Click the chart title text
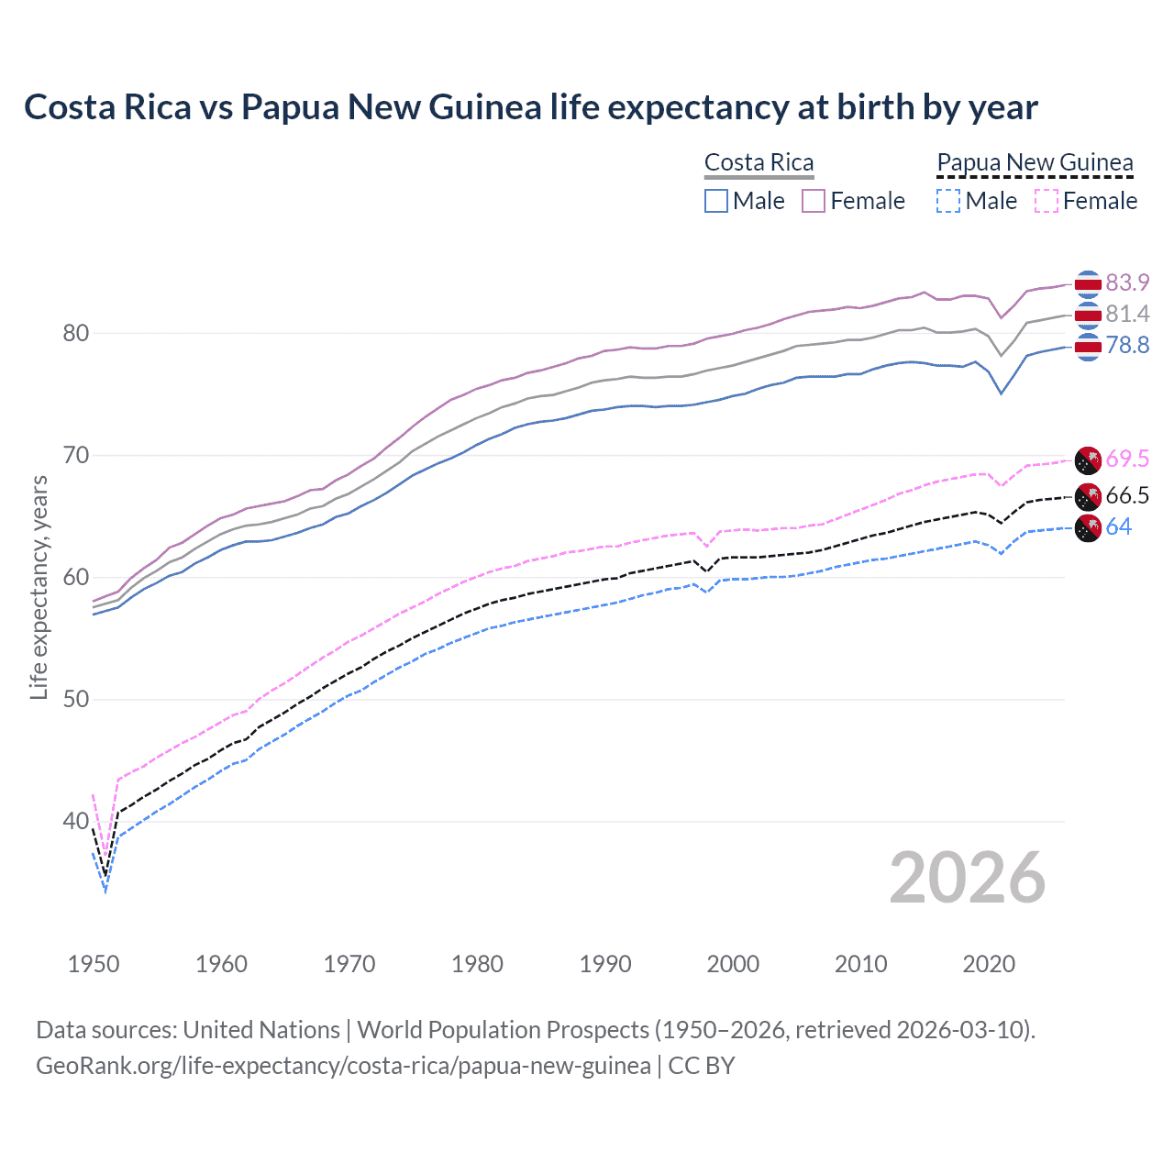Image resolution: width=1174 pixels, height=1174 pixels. (x=530, y=107)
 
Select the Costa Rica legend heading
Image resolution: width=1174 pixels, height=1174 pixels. (x=759, y=162)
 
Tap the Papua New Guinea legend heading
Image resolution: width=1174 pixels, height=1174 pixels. (x=1035, y=162)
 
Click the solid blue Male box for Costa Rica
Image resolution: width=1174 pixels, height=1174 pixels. (x=716, y=201)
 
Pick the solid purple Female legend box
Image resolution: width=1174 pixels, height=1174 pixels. (x=814, y=201)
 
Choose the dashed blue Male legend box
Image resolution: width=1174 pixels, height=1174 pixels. (x=948, y=201)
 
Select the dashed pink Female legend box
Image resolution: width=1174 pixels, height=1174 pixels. (x=1046, y=201)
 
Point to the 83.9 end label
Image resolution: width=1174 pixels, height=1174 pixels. (x=1127, y=282)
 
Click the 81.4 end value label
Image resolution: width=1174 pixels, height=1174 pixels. (x=1127, y=314)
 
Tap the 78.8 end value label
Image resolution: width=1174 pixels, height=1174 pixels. (x=1127, y=345)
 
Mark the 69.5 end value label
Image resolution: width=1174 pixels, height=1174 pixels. (x=1127, y=459)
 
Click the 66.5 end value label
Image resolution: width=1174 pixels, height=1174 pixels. (x=1127, y=495)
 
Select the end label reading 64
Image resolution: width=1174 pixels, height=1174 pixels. (x=1118, y=526)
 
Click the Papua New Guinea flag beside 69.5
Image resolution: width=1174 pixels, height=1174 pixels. (x=1088, y=459)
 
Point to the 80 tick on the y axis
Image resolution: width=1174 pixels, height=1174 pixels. (x=76, y=333)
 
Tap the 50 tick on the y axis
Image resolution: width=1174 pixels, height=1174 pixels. (x=76, y=699)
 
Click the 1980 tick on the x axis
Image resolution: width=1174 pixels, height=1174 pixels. (x=477, y=964)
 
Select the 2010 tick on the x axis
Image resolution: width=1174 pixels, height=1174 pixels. (x=860, y=964)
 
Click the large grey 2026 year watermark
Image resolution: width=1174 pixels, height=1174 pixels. (x=967, y=878)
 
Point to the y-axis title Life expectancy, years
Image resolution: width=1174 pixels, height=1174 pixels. (x=39, y=587)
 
